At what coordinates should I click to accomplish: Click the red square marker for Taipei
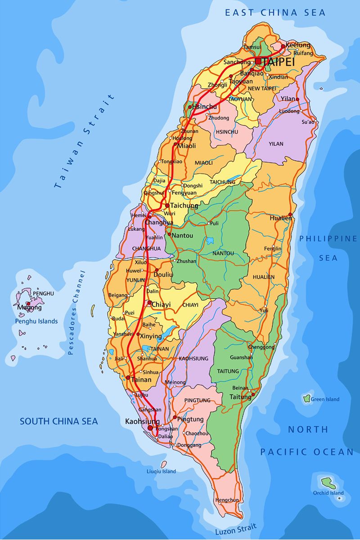[258, 61]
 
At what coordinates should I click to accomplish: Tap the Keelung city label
[298, 45]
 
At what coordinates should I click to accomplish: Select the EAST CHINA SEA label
[275, 13]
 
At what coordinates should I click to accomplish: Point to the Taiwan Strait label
[84, 141]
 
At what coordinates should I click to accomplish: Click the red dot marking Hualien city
[290, 215]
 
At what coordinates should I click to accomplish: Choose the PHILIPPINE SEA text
[328, 248]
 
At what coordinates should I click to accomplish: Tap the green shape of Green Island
[307, 398]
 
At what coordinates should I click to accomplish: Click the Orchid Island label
[328, 493]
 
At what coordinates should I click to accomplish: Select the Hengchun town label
[227, 500]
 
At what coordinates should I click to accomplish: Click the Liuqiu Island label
[161, 471]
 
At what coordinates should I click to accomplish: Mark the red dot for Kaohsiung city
[150, 428]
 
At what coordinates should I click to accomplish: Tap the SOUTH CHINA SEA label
[58, 422]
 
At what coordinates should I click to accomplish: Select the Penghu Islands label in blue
[36, 321]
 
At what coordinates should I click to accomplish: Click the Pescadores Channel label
[76, 313]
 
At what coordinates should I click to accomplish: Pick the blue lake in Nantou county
[210, 241]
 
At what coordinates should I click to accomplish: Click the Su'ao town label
[308, 122]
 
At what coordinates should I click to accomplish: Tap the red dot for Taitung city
[253, 395]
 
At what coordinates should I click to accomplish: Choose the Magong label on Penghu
[30, 308]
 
